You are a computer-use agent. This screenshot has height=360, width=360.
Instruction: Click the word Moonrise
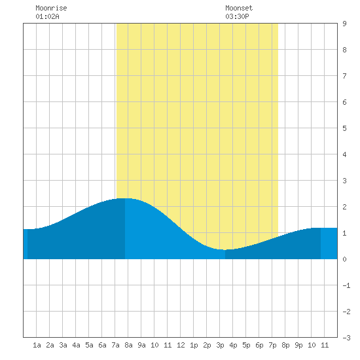pos(51,8)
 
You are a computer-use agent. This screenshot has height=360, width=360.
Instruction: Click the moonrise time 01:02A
pos(47,16)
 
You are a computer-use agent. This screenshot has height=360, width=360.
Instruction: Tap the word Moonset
pos(239,8)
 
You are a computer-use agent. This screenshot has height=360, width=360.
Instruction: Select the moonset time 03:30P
pos(237,16)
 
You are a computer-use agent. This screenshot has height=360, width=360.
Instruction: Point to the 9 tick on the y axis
pos(344,24)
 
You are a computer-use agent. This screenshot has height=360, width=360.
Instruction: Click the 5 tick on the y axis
pos(344,128)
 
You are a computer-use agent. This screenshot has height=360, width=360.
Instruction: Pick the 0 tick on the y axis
pos(344,259)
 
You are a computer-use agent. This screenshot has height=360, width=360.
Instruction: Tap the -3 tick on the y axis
pos(346,338)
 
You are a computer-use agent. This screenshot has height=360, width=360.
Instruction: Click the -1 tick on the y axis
pos(346,285)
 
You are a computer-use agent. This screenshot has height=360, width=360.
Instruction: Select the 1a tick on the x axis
pos(37,345)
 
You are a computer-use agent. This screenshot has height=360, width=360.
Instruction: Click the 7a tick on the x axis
pos(115,345)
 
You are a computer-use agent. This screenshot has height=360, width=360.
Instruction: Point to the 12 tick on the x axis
pos(181,345)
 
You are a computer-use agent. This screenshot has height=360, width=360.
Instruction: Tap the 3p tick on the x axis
pos(220,345)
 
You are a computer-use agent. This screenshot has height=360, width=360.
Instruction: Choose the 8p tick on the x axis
pos(285,345)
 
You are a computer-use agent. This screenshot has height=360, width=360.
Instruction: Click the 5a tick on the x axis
pos(89,345)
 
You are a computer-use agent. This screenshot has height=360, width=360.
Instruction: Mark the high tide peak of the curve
pos(125,198)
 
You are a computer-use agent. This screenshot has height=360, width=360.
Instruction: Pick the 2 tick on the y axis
pos(344,207)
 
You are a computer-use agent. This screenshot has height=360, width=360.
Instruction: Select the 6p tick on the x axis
pos(259,345)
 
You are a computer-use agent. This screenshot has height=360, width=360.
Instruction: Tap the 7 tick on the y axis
pos(344,76)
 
